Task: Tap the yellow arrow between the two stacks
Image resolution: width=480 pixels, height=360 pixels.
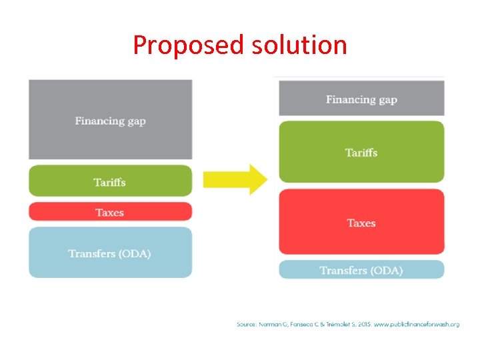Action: click(x=235, y=179)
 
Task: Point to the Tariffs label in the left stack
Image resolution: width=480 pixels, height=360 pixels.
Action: click(x=110, y=182)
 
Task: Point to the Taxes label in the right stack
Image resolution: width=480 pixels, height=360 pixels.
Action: click(x=361, y=223)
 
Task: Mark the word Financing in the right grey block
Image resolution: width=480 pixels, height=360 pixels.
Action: click(x=349, y=100)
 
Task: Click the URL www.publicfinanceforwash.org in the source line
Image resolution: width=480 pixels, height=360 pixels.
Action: click(x=417, y=325)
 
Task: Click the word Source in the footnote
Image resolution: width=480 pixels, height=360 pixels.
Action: click(x=247, y=325)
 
